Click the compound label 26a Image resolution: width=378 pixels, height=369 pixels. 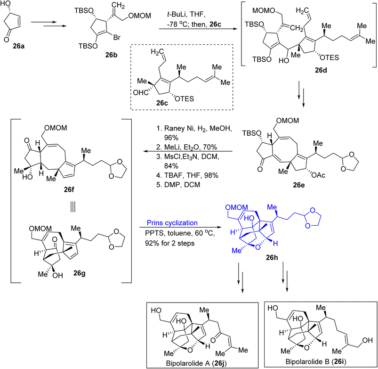click(x=18, y=46)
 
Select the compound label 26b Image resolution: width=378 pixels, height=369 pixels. click(x=111, y=55)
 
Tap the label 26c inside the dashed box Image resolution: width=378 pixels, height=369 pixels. click(x=162, y=103)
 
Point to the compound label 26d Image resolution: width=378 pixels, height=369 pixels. click(x=321, y=70)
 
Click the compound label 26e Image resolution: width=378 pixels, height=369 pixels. click(x=299, y=185)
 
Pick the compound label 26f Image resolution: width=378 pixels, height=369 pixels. click(x=69, y=189)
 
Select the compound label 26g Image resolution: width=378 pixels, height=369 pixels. click(x=79, y=273)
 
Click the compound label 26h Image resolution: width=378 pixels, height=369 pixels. click(x=272, y=258)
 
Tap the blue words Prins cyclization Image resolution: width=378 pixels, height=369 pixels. click(x=172, y=223)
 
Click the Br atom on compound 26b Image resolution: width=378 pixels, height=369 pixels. click(x=117, y=37)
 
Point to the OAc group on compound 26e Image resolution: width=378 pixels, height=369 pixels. click(x=318, y=175)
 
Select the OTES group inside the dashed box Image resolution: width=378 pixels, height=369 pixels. click(x=185, y=98)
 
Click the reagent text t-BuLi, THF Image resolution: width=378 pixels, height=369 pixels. click(x=186, y=15)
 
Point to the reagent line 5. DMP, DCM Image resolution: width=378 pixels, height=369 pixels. click(x=178, y=185)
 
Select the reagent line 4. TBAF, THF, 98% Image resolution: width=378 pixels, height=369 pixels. click(x=187, y=175)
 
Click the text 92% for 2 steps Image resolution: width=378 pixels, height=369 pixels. click(x=170, y=243)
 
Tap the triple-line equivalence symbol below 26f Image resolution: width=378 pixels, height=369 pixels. click(x=73, y=206)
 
